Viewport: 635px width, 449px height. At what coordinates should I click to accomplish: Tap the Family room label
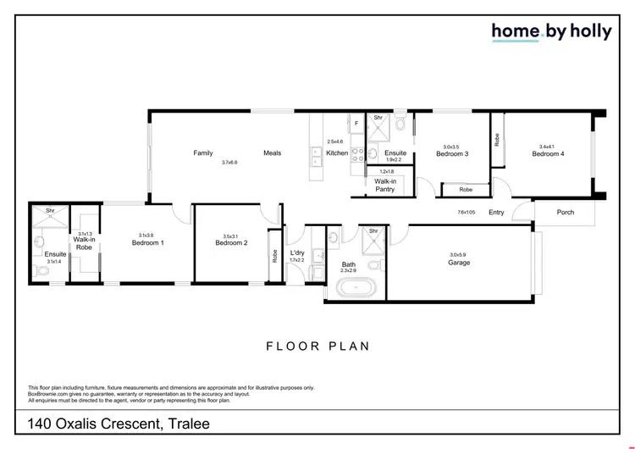pos(202,153)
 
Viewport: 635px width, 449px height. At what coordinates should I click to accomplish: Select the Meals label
pos(272,153)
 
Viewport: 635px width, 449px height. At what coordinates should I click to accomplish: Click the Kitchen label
pos(336,153)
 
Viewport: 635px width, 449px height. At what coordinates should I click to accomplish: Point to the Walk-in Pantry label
pos(385,185)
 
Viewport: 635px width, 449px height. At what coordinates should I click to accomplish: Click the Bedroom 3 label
pos(452,153)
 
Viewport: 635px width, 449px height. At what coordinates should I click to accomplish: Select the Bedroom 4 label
pos(548,153)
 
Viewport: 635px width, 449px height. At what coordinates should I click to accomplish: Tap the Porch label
pos(565,212)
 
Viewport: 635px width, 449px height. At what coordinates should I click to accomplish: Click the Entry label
pos(496,212)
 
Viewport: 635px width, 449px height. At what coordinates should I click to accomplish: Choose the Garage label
pos(459,263)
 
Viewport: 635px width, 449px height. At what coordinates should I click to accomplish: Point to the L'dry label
pos(296,253)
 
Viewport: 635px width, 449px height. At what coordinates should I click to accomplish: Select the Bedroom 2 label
pos(231,243)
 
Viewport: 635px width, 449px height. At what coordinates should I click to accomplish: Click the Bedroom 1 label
pos(147,243)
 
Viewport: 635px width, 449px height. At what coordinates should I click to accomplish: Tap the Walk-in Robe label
pos(83,243)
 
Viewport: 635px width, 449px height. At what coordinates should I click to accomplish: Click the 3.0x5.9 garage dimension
pos(459,255)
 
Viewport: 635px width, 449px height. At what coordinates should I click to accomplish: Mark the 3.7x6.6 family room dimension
pos(229,162)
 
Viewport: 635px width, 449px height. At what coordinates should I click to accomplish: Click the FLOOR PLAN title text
pos(317,346)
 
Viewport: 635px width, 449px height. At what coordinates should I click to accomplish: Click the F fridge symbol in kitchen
pos(356,124)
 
